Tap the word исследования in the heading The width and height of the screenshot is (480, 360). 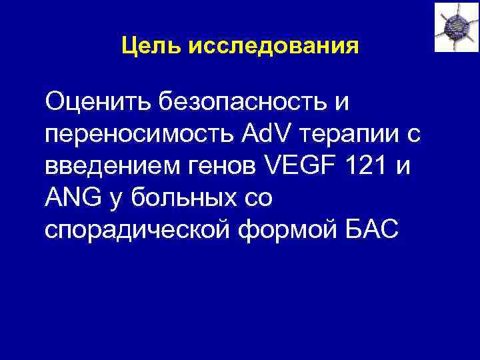coord(274,47)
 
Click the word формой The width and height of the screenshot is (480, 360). coord(299,229)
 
